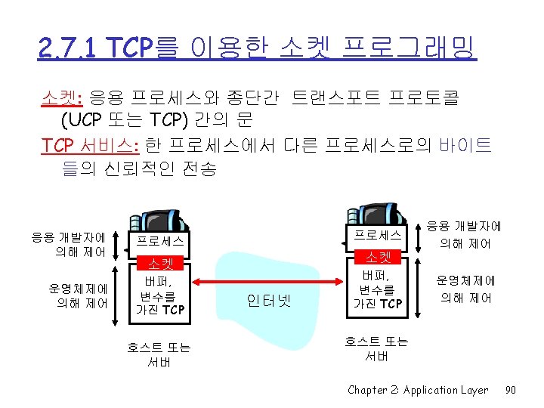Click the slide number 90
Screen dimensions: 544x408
[x=510, y=390]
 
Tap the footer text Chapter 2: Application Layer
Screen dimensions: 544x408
[x=418, y=390]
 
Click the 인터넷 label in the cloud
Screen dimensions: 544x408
[x=268, y=299]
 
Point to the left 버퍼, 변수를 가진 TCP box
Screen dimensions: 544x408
[x=159, y=295]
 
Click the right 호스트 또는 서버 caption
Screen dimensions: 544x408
[x=376, y=348]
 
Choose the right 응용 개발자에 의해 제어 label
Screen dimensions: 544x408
[x=465, y=234]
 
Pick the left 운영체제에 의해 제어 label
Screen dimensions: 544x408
[x=79, y=295]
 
